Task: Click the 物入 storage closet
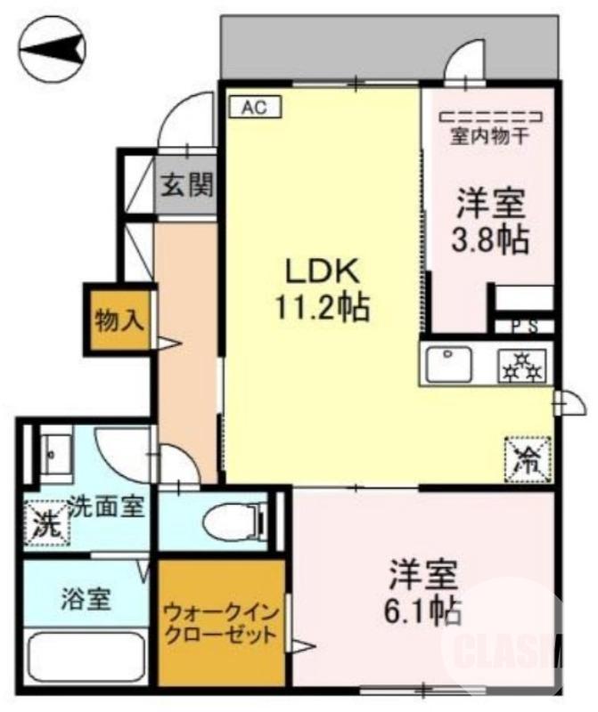(x=120, y=318)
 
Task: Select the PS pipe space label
(x=525, y=326)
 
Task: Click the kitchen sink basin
(x=451, y=364)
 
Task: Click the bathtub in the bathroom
(x=86, y=658)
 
